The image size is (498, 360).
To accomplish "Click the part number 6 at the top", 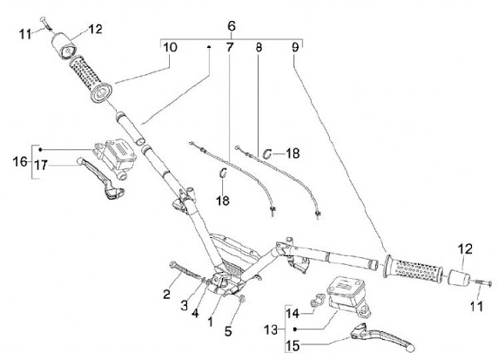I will point(232,26).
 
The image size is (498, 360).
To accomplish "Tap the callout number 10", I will point(170,48).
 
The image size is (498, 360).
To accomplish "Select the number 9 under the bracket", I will point(295,48).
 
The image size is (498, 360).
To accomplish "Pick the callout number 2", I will point(166,296).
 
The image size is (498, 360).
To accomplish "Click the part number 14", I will point(293,312).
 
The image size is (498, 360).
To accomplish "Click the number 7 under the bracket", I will point(230,48).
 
